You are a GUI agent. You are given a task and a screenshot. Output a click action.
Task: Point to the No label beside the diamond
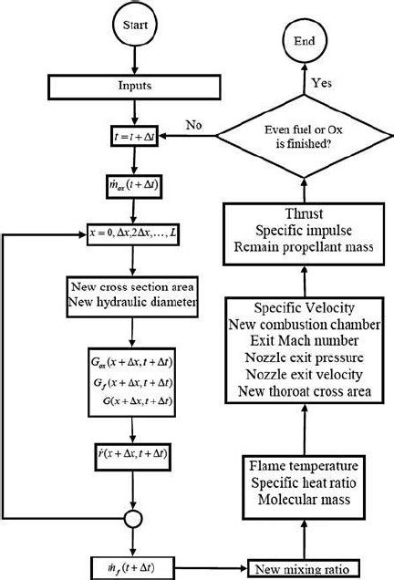coord(193,123)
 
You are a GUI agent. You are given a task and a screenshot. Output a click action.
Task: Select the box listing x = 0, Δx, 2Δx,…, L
coord(133,234)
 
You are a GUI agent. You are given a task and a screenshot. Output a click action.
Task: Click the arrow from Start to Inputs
coord(134,64)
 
